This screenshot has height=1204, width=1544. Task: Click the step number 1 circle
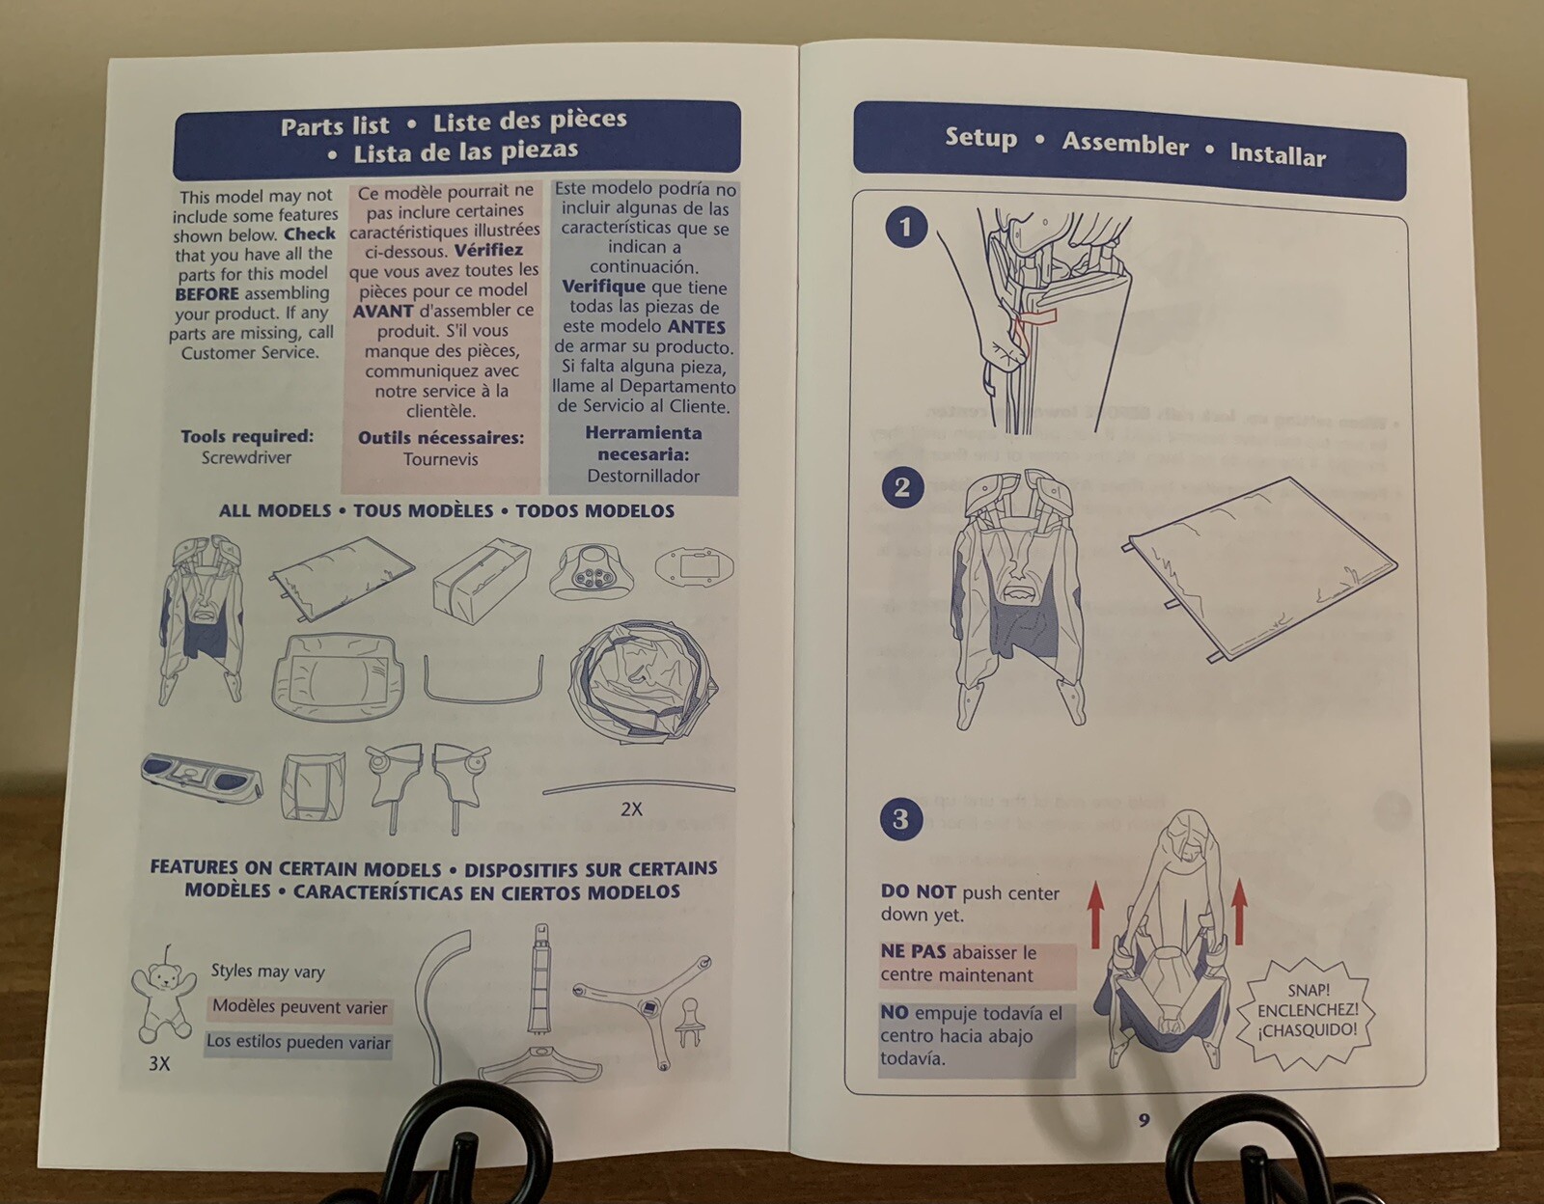[906, 228]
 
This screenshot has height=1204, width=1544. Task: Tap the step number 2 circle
[902, 488]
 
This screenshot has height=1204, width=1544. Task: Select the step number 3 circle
[900, 819]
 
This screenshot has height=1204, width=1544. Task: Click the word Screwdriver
[246, 457]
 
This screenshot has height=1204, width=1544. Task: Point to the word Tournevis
[441, 459]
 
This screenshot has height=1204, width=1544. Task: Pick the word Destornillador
[643, 476]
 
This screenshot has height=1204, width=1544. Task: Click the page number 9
[1144, 1120]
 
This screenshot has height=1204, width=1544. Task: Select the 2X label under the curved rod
[631, 809]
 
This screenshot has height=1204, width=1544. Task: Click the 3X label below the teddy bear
[159, 1063]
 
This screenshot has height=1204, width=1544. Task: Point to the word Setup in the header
[980, 137]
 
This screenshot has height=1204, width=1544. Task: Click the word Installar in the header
[1278, 153]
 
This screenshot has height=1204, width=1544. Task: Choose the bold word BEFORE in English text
[207, 293]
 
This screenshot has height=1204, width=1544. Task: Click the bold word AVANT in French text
[383, 311]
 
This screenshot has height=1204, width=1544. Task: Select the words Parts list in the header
[335, 126]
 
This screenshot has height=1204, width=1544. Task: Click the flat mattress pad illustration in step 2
[1259, 568]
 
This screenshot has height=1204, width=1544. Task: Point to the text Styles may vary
[267, 971]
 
